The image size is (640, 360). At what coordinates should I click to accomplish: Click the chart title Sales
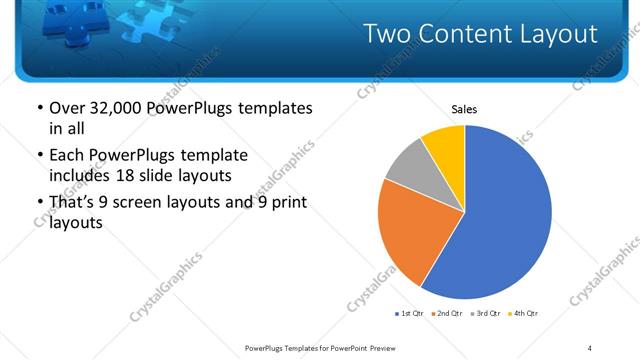coord(464,109)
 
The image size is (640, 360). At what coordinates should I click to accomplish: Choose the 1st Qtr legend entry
coord(410,314)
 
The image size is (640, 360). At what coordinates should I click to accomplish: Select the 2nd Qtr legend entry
coord(446,314)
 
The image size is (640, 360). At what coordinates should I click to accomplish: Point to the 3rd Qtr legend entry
coord(484,314)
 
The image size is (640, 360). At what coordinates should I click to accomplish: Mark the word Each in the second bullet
coord(65,156)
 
